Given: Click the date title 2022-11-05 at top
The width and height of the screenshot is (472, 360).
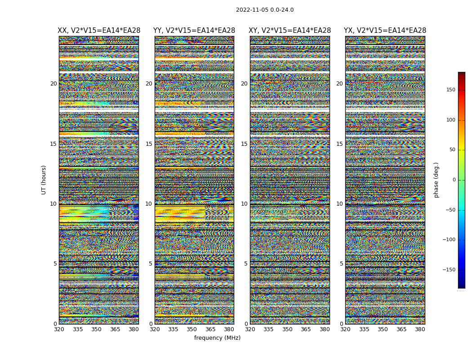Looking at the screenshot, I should pos(264,10).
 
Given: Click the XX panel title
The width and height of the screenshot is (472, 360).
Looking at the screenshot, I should pos(99,31).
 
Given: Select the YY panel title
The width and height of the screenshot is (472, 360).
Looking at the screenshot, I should pos(194,31).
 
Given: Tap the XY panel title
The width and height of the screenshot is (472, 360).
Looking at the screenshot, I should pos(290,31).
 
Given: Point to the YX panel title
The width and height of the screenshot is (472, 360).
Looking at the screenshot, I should pos(385,31).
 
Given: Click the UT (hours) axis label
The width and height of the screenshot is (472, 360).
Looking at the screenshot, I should pos(44,180).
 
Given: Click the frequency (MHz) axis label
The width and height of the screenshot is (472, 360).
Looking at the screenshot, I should pos(217,338).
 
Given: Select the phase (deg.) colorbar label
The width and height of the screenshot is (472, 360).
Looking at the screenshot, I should pos(436,180).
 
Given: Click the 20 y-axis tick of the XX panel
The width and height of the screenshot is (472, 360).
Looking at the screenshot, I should pos(53,84).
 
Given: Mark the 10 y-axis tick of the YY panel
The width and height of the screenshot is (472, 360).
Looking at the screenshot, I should pos(149,204).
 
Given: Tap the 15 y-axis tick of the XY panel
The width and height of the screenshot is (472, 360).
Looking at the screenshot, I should pos(244,144).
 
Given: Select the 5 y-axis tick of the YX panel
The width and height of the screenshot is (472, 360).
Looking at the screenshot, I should pos(341,264).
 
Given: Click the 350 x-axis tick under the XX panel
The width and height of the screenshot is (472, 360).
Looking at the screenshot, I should pos(96,329).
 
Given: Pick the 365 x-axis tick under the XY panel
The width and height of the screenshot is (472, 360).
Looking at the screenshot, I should pos(306,329).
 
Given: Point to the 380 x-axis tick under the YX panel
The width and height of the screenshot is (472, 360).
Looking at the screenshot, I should pos(420,329).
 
